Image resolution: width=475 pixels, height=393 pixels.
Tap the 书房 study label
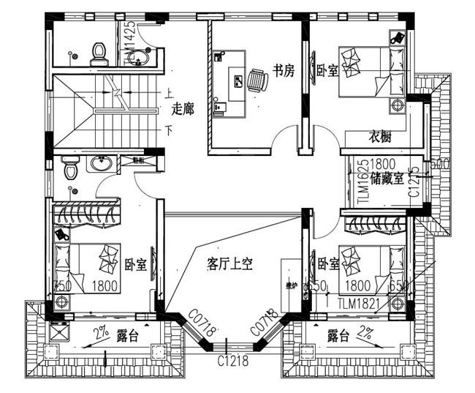(283, 70)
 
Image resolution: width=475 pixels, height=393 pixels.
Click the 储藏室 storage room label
(387, 178)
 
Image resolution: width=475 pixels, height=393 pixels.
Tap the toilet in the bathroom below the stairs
(70, 168)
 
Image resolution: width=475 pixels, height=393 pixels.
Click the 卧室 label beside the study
(325, 71)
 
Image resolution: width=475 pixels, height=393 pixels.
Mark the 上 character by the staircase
(169, 94)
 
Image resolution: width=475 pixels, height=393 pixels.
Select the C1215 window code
(414, 183)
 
